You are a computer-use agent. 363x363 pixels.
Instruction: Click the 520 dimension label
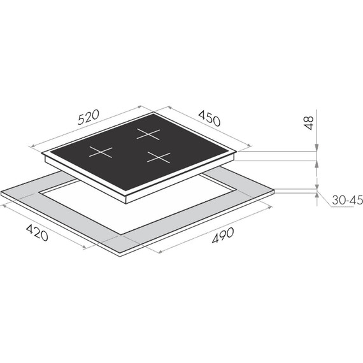click(89, 117)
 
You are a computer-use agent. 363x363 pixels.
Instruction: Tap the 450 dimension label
click(209, 118)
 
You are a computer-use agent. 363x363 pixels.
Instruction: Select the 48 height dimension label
click(309, 123)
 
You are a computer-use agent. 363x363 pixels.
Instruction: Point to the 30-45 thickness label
click(347, 200)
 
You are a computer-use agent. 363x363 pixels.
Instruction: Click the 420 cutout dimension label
click(37, 232)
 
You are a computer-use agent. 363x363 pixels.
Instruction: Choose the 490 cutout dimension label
click(223, 236)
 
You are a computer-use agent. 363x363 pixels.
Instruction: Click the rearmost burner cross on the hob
click(148, 134)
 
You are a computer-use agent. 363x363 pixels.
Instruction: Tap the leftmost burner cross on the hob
click(101, 152)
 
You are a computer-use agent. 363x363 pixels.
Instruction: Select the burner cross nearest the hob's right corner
click(159, 157)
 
